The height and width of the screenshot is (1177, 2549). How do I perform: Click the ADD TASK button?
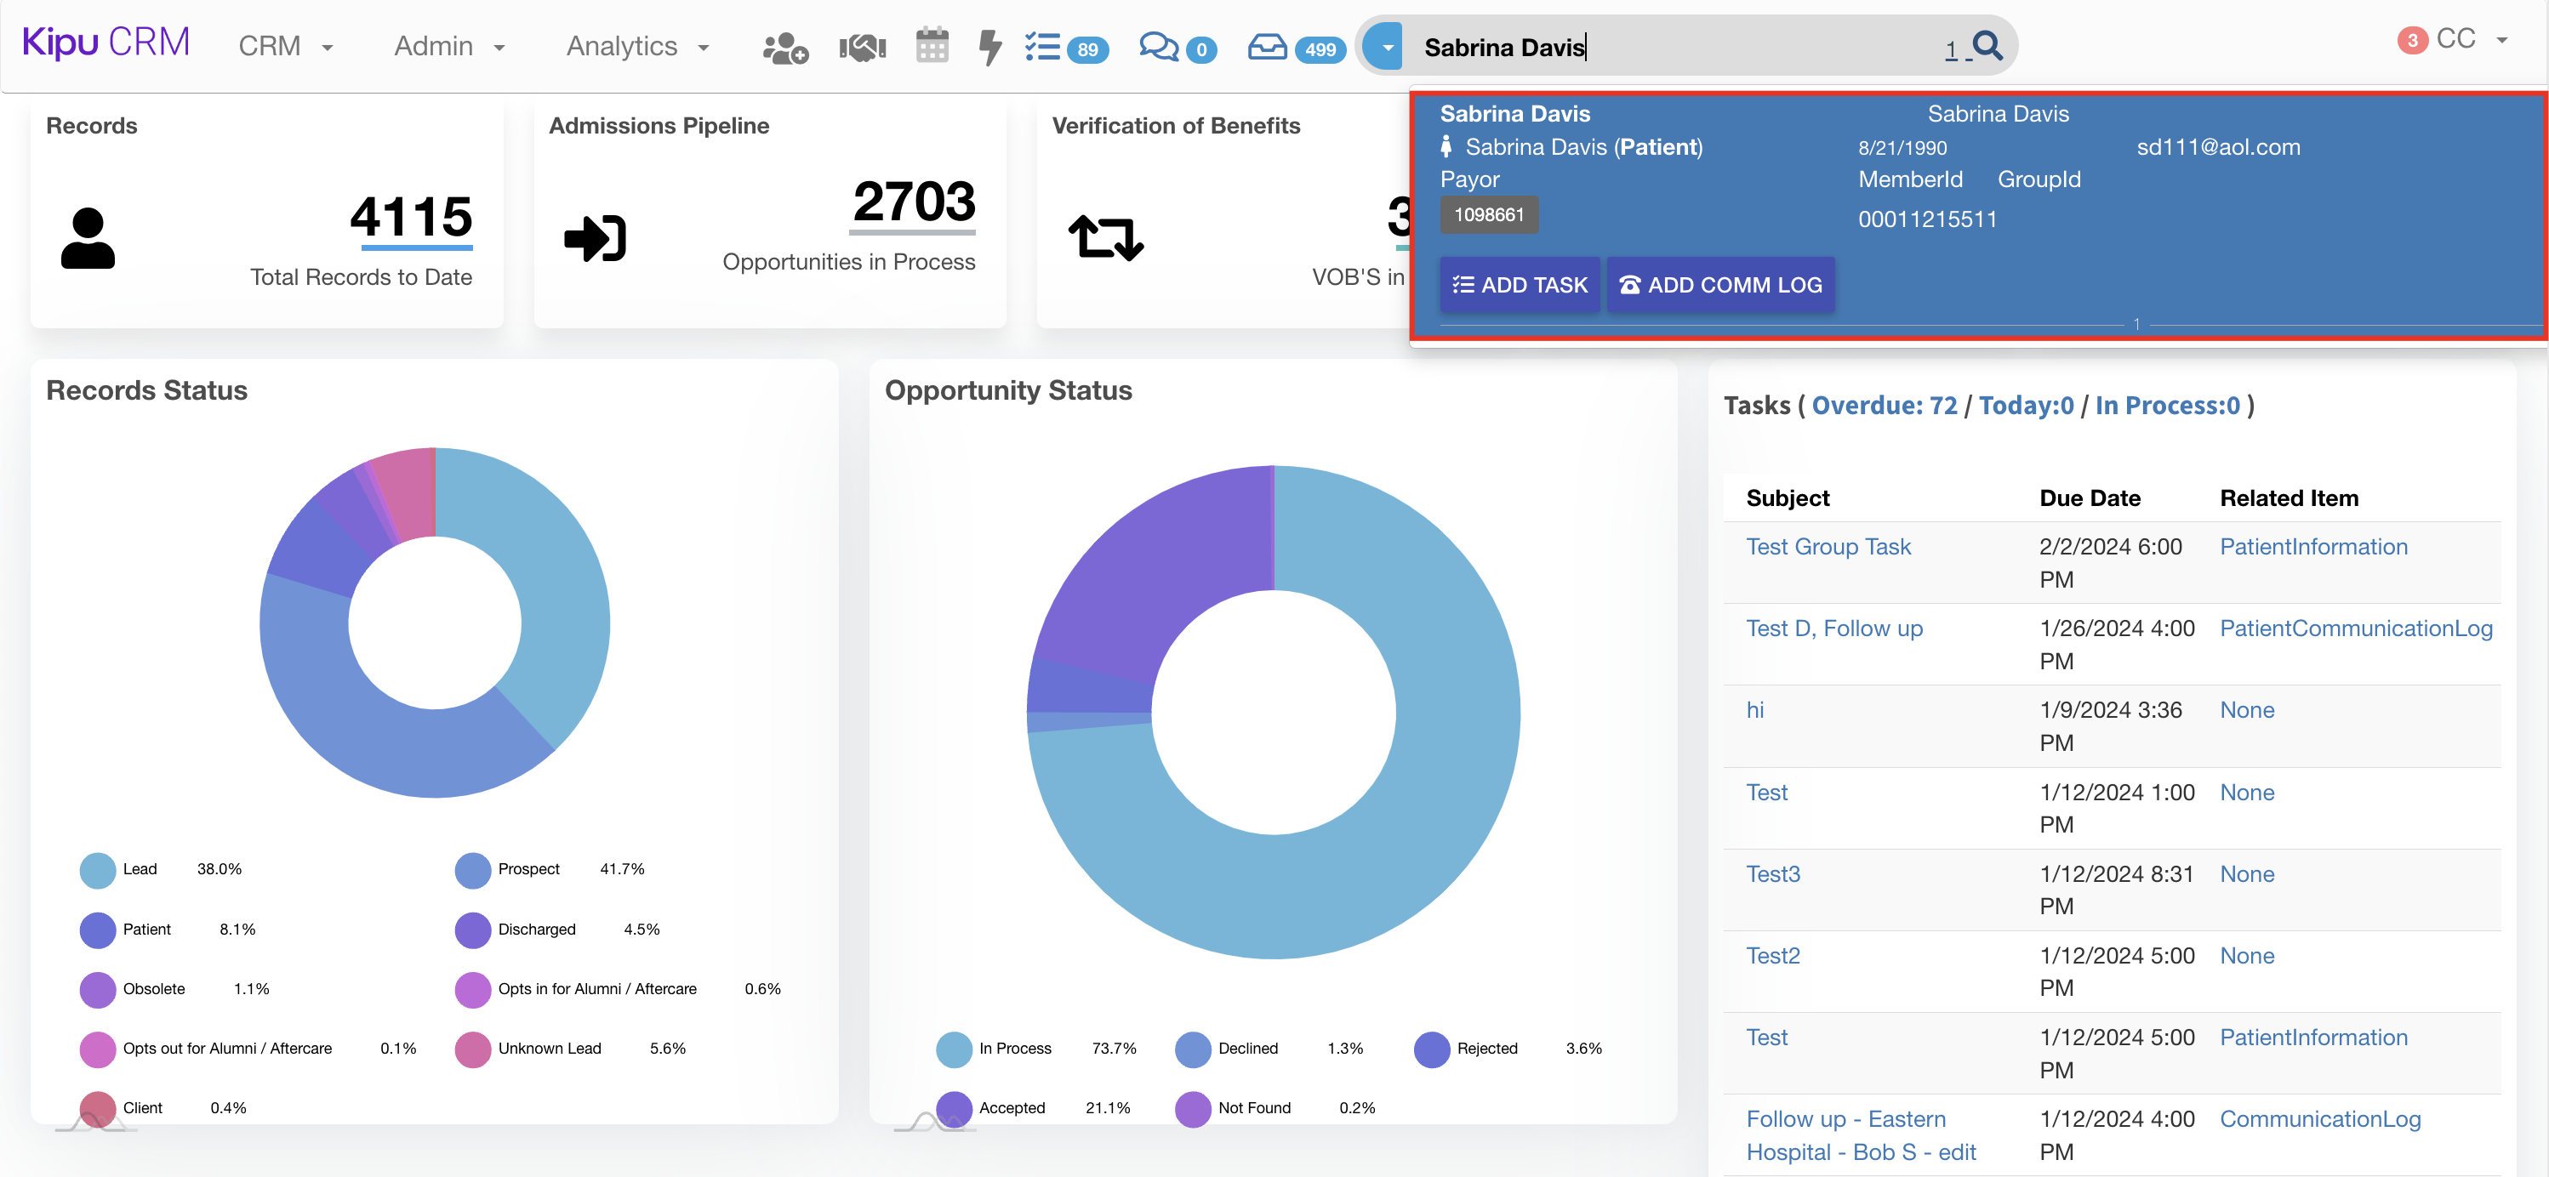tap(1519, 285)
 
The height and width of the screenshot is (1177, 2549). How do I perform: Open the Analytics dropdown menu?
tap(637, 47)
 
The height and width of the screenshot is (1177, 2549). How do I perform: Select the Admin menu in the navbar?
tap(449, 47)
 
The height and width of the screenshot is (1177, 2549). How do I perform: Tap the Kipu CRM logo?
tap(105, 43)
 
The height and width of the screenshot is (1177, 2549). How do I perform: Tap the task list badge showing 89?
tap(1086, 49)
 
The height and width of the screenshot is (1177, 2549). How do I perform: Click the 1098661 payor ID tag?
tap(1488, 214)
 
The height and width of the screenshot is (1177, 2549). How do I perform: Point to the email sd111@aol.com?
tap(2217, 147)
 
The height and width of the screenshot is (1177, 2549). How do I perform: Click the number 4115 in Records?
tap(411, 216)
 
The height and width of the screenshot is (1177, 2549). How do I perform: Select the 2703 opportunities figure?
tap(913, 202)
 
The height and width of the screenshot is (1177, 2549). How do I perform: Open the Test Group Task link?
tap(1828, 547)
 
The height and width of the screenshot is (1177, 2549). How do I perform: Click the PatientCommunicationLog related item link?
tap(2355, 628)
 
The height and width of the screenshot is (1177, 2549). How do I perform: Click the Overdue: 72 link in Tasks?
tap(1884, 406)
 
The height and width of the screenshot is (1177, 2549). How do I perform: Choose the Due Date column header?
tap(2089, 498)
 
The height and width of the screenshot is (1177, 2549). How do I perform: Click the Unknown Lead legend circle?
tap(473, 1049)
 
